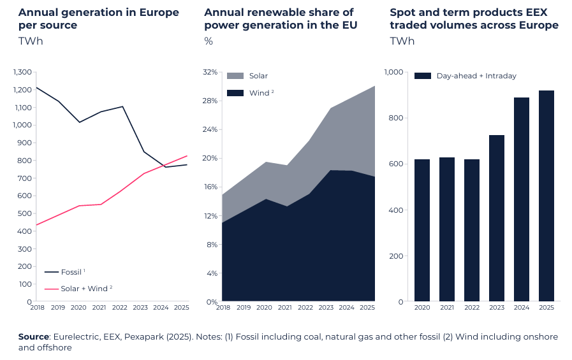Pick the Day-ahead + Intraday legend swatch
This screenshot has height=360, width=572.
click(423, 76)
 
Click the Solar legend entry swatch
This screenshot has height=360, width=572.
click(235, 76)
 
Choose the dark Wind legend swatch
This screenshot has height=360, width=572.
click(235, 93)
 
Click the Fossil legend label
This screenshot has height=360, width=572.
click(71, 272)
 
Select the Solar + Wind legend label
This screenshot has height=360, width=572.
click(85, 289)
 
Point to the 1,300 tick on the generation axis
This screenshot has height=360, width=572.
click(22, 72)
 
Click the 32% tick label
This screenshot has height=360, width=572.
click(210, 72)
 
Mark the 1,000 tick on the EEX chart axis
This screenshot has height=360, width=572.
click(393, 72)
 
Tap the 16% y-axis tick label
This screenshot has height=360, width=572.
click(210, 187)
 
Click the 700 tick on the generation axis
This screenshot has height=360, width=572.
click(25, 178)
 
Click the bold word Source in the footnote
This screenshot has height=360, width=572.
click(34, 336)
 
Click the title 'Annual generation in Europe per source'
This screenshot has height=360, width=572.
click(98, 19)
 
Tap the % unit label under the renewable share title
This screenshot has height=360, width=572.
click(209, 41)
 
